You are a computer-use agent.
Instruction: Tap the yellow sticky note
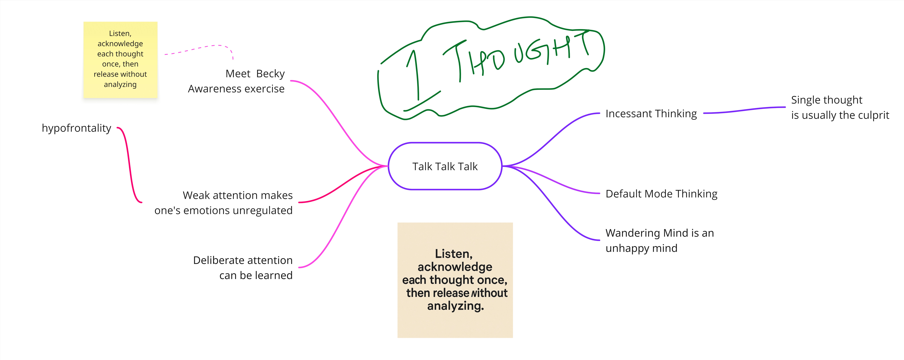pyautogui.click(x=120, y=60)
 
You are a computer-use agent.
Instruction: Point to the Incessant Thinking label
pyautogui.click(x=651, y=114)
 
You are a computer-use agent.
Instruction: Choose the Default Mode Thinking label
pyautogui.click(x=662, y=194)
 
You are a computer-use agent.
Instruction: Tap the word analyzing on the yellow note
pyautogui.click(x=120, y=85)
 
